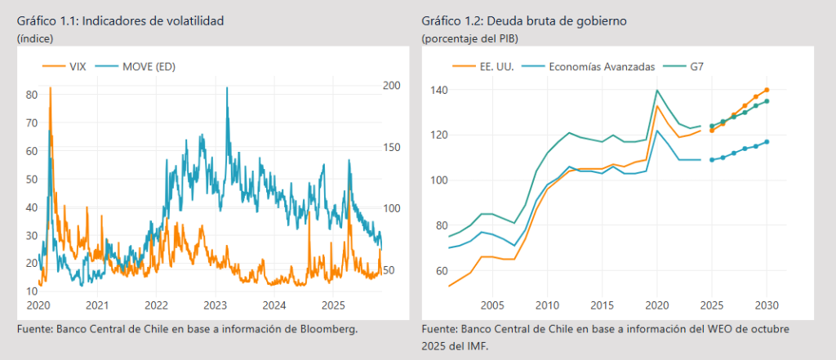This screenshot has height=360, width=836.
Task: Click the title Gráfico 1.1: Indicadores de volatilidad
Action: click(119, 20)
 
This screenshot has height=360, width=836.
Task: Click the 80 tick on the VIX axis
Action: click(32, 95)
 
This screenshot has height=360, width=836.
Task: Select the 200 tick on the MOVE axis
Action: click(391, 86)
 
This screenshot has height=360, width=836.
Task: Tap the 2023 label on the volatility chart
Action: click(215, 305)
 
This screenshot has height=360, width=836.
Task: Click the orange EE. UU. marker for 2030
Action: click(767, 90)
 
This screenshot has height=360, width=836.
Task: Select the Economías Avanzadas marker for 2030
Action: click(767, 142)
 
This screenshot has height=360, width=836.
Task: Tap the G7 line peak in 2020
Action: click(657, 90)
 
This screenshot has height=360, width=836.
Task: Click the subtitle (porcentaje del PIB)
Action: click(469, 38)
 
